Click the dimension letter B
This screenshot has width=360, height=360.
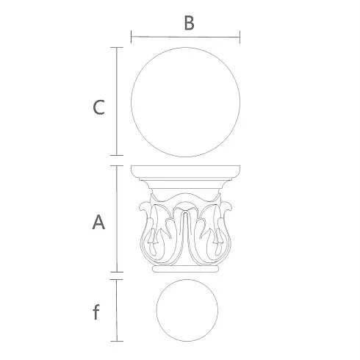tap(189, 23)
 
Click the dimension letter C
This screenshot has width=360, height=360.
tap(98, 107)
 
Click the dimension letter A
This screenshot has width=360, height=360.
tap(98, 222)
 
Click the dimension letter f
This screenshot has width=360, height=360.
tap(96, 312)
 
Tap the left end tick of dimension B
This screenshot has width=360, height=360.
tap(132, 37)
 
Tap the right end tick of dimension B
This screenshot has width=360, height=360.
tap(240, 37)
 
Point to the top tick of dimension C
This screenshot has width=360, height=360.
tap(117, 47)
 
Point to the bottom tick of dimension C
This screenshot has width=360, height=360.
tap(117, 155)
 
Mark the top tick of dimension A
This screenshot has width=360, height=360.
tap(117, 166)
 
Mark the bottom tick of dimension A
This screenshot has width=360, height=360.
tap(117, 272)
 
